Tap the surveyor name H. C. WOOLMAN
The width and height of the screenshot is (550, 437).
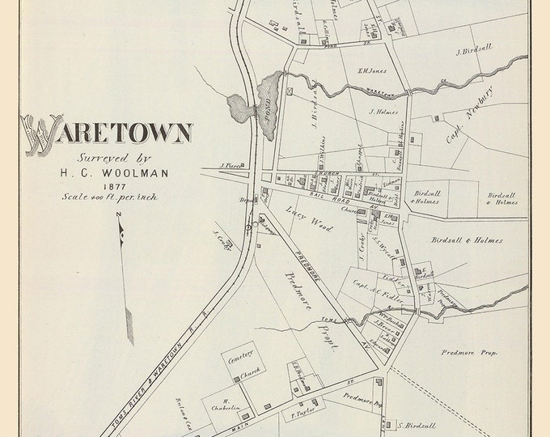point(107,172)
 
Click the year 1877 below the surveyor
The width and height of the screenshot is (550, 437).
point(105,185)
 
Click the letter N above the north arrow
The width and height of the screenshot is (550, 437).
point(118,214)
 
